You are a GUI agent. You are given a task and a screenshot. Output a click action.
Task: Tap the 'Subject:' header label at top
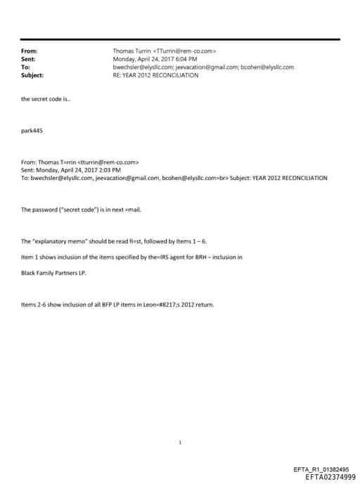pos(32,75)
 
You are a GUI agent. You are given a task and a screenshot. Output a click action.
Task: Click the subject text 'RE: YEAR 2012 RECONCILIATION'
pos(155,75)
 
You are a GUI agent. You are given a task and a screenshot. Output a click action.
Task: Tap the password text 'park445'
pos(32,131)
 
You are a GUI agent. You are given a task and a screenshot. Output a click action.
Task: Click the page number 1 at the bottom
pos(181,423)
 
